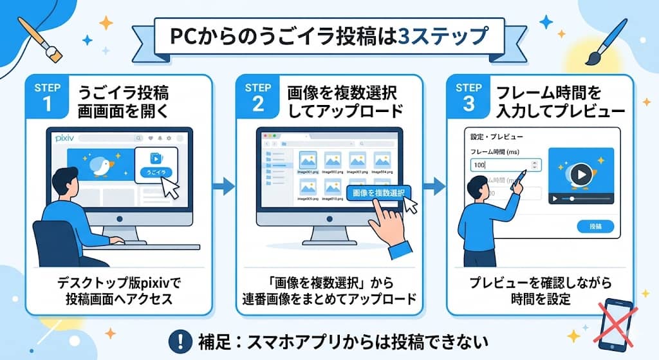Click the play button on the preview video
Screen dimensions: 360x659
[580, 173]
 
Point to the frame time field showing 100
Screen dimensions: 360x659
[505, 166]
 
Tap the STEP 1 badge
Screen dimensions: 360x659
[49, 97]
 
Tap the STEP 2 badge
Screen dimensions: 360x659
[257, 97]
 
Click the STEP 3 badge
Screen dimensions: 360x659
[468, 97]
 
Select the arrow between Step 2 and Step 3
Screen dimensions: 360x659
[435, 187]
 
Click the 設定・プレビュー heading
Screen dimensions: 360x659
[497, 137]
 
